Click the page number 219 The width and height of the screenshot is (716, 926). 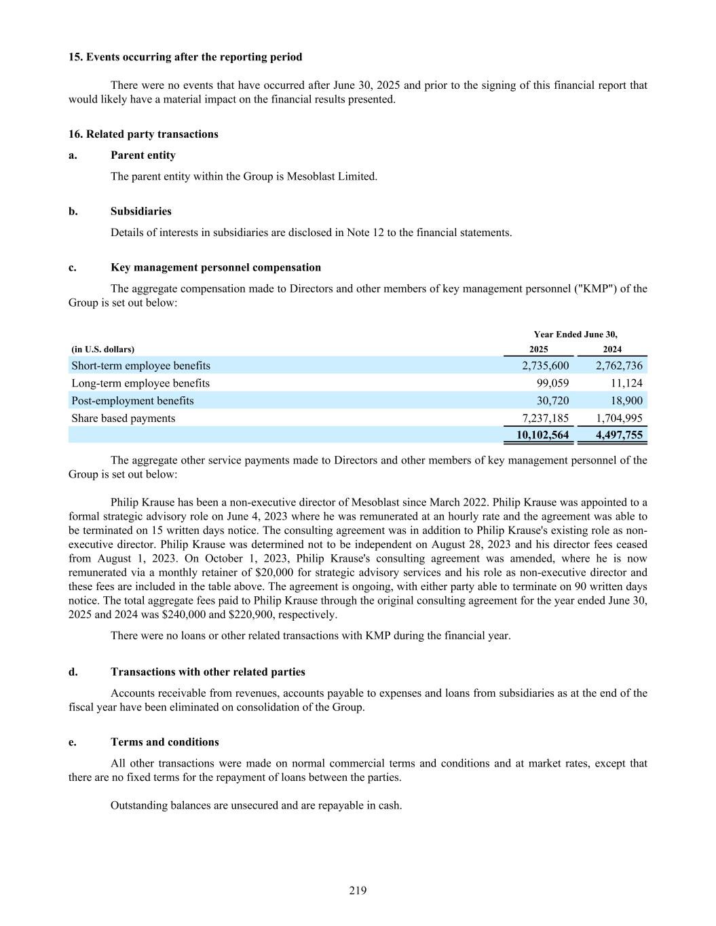[358, 891]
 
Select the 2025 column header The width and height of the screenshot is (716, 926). [538, 349]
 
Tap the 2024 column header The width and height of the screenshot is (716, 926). [612, 349]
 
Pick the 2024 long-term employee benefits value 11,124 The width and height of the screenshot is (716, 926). [626, 383]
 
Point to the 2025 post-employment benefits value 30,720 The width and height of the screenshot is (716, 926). [552, 401]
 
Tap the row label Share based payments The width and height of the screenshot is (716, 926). [123, 419]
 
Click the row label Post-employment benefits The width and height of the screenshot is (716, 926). [132, 401]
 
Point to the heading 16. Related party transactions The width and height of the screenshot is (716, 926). [143, 134]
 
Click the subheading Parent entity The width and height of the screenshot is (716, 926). [143, 155]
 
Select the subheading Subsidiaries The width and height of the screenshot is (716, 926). [140, 211]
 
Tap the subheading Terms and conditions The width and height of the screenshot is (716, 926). [164, 742]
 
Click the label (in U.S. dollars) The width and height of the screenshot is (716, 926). [102, 349]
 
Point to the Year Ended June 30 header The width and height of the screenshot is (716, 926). [576, 334]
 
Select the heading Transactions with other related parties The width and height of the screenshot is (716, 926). [208, 672]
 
